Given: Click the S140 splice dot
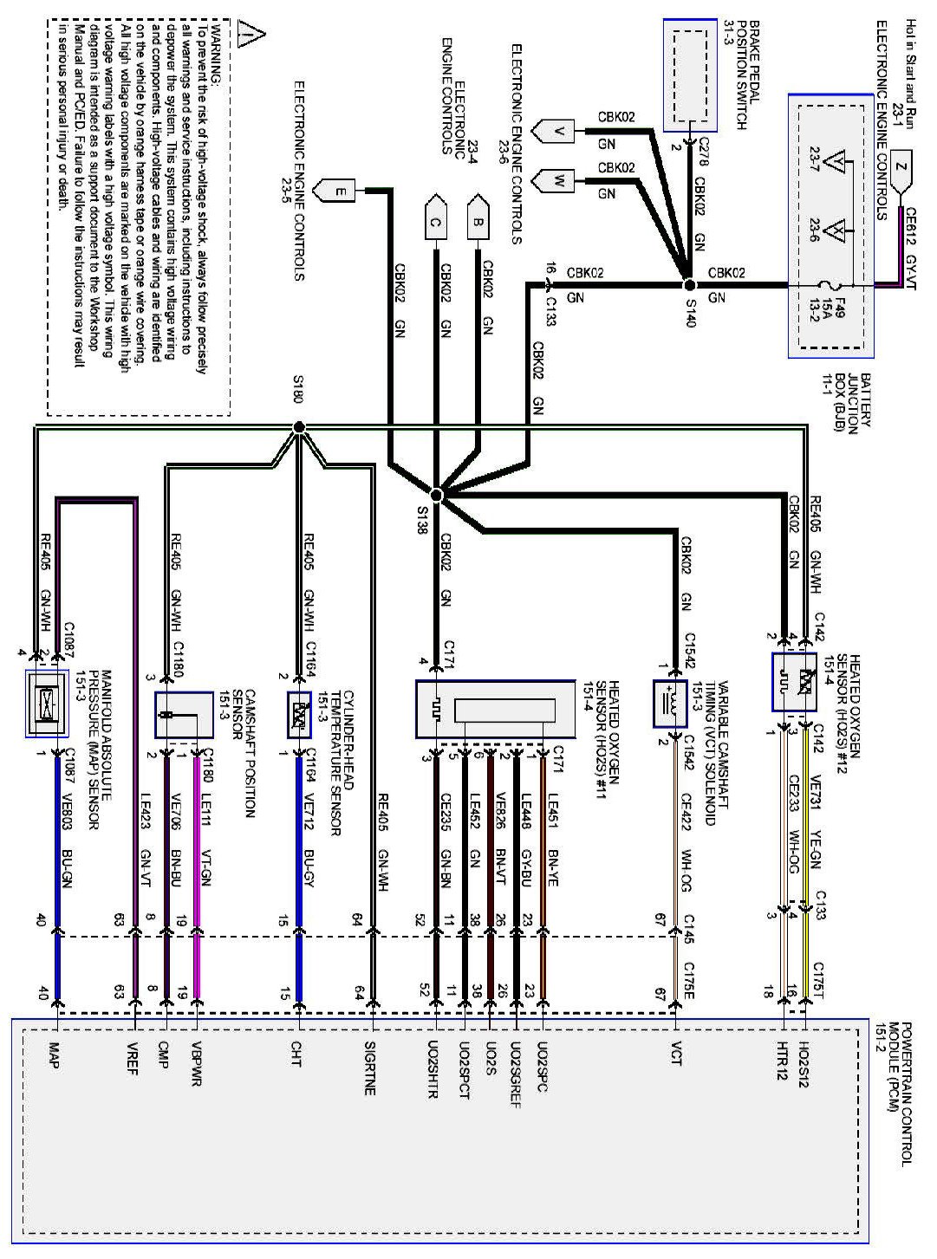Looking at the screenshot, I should coord(689,284).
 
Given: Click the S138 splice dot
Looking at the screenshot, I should coord(437,494).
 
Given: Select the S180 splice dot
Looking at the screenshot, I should coord(299,427).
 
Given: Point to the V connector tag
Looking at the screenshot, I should coord(558,132).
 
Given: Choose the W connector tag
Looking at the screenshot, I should coord(558,181).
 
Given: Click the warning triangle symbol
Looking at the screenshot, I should coord(251,35).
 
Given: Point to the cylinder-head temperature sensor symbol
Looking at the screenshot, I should coord(300,714).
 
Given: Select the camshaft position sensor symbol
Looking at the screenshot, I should coord(183,715).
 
